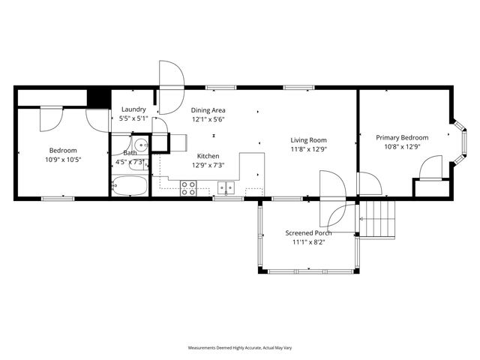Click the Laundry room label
(133, 109)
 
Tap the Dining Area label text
(208, 109)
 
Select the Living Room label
(309, 139)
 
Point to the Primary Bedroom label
(402, 137)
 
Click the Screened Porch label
(308, 232)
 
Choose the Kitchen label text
(208, 155)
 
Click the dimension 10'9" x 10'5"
(63, 159)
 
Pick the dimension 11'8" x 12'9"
(309, 148)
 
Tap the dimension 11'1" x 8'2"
(308, 242)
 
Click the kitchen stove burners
(188, 188)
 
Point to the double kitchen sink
(226, 187)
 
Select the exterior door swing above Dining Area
(172, 76)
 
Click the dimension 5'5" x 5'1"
(133, 118)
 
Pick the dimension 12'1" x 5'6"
(208, 118)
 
